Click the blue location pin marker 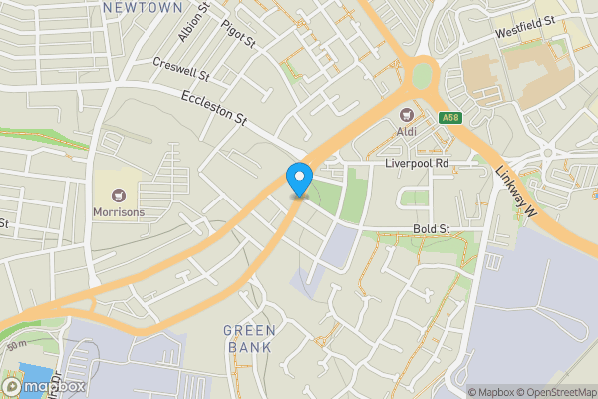click(x=298, y=178)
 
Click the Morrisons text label click(x=119, y=212)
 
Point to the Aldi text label click(x=408, y=131)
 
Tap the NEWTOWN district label click(x=143, y=7)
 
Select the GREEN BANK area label click(x=249, y=339)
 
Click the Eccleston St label click(x=213, y=108)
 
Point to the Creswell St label click(x=180, y=68)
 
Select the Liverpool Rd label click(x=418, y=162)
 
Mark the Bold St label click(x=432, y=229)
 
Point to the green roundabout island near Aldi click(x=424, y=74)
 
